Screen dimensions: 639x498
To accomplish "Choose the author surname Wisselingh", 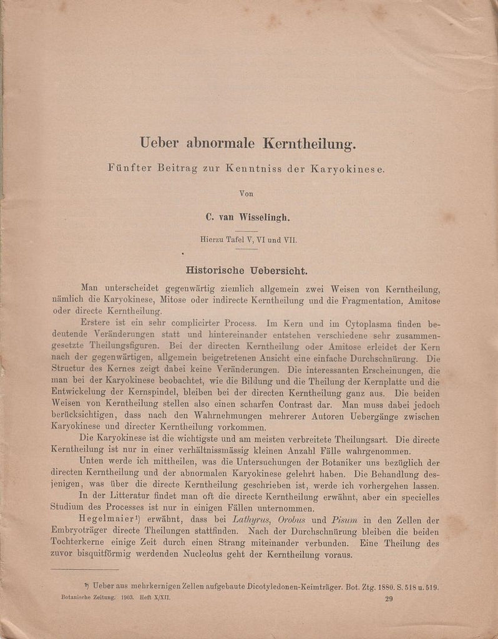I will point(267,217).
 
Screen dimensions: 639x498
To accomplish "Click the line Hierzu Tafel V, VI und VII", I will point(248,238).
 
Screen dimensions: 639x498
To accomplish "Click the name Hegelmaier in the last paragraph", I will point(103,520).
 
